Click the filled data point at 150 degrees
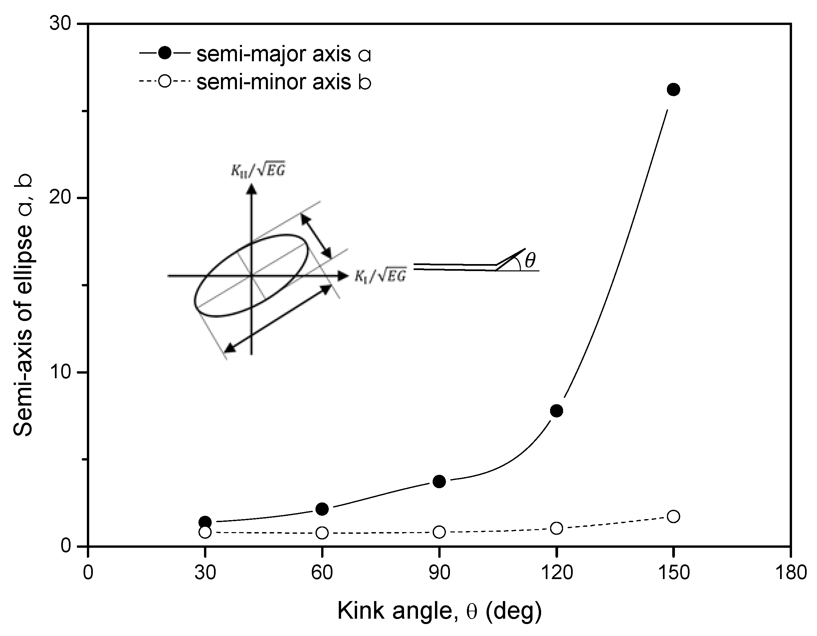click(673, 90)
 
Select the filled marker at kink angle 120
click(557, 411)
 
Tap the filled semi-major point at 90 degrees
click(439, 481)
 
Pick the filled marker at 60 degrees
click(322, 509)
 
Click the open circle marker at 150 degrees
click(673, 516)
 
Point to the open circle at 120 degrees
click(557, 528)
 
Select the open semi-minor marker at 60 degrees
click(322, 533)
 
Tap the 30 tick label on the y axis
click(60, 24)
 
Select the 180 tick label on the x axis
click(790, 573)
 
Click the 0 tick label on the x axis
click(88, 573)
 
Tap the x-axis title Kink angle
click(439, 612)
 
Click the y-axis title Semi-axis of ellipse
click(23, 305)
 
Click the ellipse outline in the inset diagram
click(307, 247)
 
